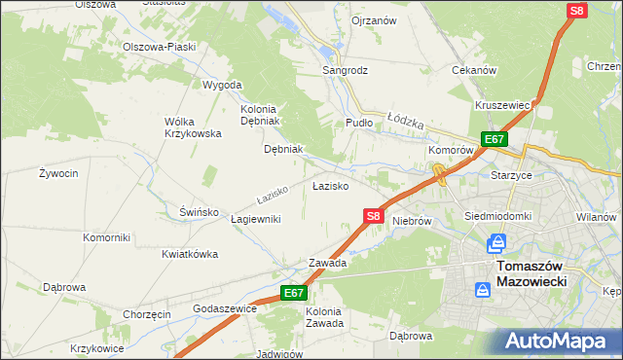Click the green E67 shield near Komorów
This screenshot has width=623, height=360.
click(x=494, y=140)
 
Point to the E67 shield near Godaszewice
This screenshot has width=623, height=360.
click(x=294, y=292)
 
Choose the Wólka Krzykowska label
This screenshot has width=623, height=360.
click(x=192, y=127)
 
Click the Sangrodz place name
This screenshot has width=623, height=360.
click(x=346, y=71)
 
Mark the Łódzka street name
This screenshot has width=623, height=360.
click(x=406, y=122)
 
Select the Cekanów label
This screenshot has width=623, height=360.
click(x=475, y=71)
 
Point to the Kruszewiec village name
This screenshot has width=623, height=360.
click(x=502, y=105)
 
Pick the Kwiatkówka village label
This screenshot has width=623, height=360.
click(x=190, y=254)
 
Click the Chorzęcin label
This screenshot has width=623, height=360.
click(x=147, y=314)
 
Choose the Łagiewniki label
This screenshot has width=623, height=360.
click(x=256, y=219)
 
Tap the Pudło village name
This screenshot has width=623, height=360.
click(x=359, y=123)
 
